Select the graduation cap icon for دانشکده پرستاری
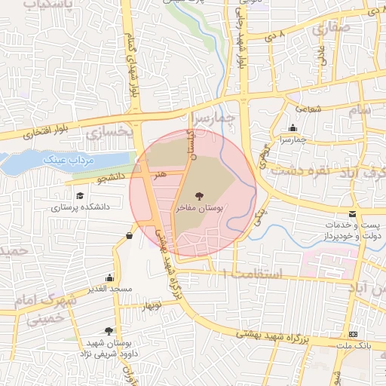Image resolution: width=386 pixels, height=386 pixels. tap(78, 195)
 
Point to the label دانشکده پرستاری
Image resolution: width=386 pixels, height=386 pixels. tap(81, 206)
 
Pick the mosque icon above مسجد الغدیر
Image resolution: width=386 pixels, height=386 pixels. tap(110, 277)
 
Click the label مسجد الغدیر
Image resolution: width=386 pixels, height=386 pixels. tap(109, 289)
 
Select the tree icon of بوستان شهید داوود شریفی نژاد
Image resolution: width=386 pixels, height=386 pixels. tap(109, 330)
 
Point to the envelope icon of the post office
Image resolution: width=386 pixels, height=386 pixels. tap(353, 215)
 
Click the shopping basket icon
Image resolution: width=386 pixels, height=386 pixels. tap(130, 236)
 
